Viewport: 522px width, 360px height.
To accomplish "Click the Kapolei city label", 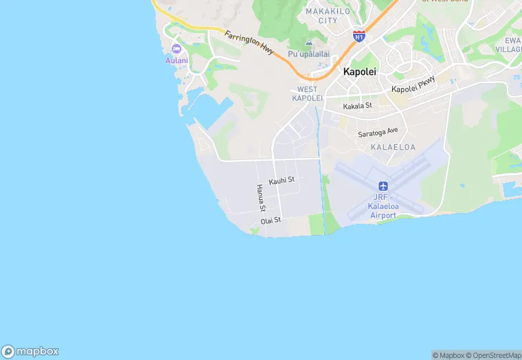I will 359,71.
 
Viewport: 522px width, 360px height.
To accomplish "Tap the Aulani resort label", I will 177,60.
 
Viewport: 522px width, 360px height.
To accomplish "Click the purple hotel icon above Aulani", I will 177,49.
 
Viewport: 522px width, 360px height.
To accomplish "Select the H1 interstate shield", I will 359,36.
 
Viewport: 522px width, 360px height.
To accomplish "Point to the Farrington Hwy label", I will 249,43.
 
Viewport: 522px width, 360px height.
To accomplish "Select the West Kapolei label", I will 307,94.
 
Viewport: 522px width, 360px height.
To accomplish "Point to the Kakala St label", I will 357,106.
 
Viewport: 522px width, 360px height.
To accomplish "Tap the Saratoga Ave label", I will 378,131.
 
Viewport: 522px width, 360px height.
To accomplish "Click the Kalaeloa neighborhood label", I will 389,148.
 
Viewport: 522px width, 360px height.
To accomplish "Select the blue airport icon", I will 383,186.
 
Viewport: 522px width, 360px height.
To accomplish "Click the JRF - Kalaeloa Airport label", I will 383,206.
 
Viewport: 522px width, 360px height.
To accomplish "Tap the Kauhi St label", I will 282,181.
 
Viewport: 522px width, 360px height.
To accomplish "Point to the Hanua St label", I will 260,197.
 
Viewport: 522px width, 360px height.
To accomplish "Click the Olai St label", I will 271,221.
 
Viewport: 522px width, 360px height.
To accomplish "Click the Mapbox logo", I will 30,350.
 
